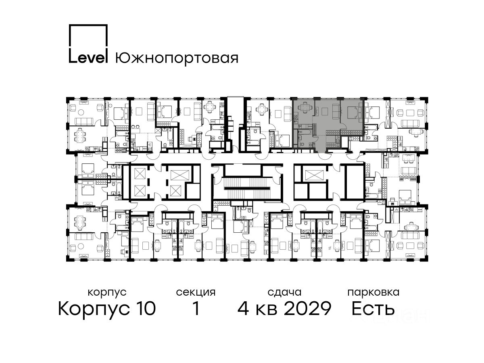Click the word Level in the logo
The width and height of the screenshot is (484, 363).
[88, 58]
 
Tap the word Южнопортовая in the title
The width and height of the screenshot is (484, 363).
[177, 58]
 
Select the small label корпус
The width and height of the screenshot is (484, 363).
[107, 293]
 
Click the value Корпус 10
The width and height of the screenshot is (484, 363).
[107, 309]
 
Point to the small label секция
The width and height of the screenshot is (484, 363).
[196, 292]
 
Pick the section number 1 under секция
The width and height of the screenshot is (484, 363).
[196, 308]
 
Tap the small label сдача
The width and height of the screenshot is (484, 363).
[284, 293]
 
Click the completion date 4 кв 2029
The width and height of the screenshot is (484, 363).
[284, 309]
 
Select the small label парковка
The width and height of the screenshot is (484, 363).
[373, 292]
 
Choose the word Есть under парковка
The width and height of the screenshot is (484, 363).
[373, 309]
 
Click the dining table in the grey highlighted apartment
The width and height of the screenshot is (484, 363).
[305, 108]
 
